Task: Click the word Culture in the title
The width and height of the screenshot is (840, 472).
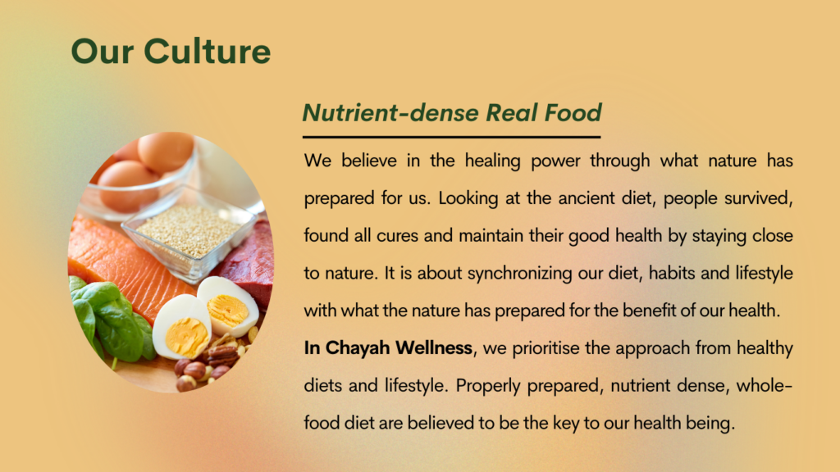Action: click(207, 52)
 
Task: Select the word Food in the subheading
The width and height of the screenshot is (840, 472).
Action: click(573, 112)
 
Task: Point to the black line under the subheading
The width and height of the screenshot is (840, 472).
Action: click(451, 137)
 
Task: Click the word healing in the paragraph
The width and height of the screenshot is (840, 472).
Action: click(492, 161)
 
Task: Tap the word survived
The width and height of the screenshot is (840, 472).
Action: click(759, 198)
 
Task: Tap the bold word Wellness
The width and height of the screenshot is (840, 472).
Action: click(434, 347)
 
